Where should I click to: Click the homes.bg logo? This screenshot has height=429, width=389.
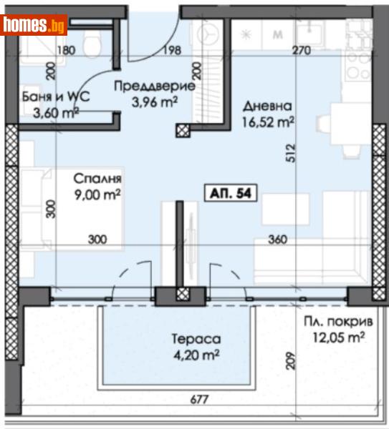click(34, 25)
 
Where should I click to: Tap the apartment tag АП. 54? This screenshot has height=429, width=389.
click(231, 194)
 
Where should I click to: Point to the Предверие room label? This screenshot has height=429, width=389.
click(154, 87)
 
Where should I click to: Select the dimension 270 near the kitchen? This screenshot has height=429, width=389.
click(302, 51)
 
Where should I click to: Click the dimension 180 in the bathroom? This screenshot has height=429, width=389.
click(65, 51)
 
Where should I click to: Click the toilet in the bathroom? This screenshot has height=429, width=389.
click(91, 44)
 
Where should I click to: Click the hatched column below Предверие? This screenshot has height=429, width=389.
click(183, 130)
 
